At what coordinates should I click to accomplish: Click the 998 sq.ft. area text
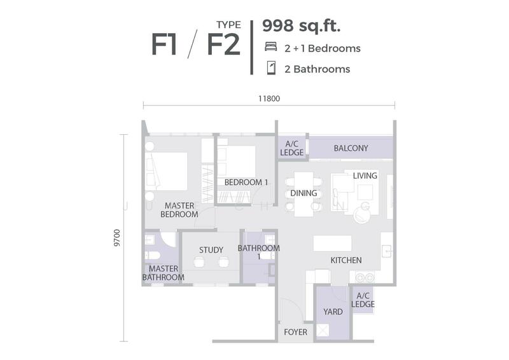301,26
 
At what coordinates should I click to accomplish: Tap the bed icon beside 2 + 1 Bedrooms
271,46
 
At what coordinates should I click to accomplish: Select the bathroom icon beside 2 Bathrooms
271,68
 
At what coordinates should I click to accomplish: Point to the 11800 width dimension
269,99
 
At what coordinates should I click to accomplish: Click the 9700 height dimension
117,238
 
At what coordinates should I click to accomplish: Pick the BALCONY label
351,148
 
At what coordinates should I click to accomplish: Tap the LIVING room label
365,176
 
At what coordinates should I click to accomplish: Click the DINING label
303,193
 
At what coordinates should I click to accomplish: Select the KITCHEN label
346,260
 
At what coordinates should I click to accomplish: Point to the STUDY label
211,250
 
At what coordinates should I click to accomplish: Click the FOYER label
295,332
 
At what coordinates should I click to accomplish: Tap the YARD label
333,312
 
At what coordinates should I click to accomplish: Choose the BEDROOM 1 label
246,183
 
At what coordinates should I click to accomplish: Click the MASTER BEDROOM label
179,210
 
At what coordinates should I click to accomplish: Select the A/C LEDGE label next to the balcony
292,148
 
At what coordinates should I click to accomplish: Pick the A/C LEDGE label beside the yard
363,300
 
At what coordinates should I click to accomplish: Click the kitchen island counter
332,243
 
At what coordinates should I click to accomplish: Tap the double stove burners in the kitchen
365,278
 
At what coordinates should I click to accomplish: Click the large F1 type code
164,45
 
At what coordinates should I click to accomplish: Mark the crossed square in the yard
323,330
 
